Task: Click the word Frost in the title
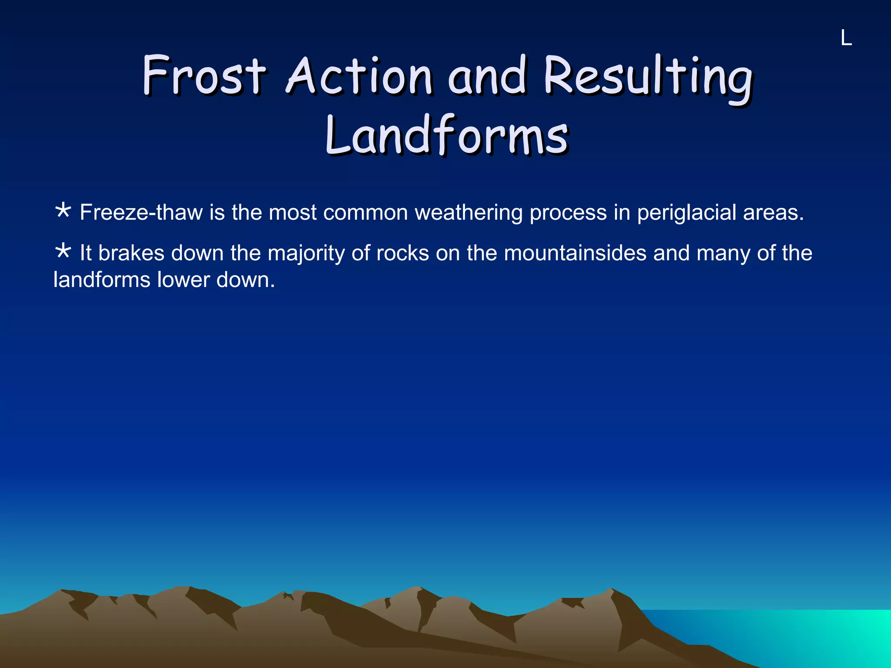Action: (x=204, y=76)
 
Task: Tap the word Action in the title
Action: (x=359, y=76)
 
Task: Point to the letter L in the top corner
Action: (x=846, y=38)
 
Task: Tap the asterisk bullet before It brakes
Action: (x=63, y=251)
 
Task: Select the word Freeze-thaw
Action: (x=141, y=213)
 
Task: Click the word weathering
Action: (x=468, y=213)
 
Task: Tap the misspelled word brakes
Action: (x=131, y=253)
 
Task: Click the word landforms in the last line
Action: (x=101, y=280)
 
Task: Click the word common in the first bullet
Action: (x=365, y=213)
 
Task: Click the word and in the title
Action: (x=487, y=76)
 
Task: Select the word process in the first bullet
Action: (x=568, y=214)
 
